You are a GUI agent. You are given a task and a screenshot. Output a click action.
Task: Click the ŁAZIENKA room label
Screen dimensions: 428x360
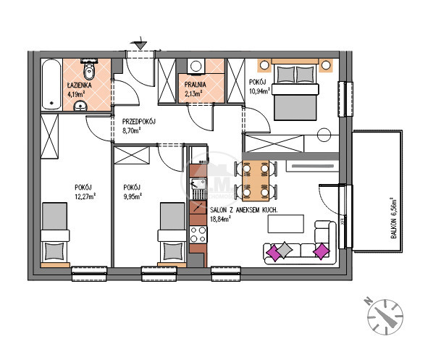pos(80,85)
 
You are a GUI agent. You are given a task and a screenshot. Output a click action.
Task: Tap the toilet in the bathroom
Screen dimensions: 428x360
pos(89,70)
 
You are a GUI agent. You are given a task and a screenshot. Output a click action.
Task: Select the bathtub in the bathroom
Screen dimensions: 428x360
pos(51,84)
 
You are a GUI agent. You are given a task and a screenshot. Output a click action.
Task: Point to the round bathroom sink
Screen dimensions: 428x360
pos(80,106)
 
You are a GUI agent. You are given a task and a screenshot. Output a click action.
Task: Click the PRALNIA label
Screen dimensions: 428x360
pos(195,84)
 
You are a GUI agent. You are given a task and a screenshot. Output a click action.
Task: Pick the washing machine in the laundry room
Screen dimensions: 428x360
pos(196,66)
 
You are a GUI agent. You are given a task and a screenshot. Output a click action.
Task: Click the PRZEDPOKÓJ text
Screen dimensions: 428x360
pos(138,122)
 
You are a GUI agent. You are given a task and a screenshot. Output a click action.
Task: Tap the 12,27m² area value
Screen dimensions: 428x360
pos(85,196)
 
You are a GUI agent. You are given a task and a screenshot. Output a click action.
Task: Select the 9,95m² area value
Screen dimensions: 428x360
pos(133,196)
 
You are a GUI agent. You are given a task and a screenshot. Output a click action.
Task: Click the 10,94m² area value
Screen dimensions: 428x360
pos(259,91)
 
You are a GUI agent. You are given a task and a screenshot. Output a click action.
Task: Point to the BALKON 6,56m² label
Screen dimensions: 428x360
pos(393,218)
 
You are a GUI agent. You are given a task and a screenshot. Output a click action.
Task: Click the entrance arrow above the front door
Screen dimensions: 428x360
pos(140,43)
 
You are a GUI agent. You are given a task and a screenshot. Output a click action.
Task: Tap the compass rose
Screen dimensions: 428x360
pos(385,317)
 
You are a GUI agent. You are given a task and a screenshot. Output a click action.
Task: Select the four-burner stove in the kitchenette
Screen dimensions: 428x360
pos(198,235)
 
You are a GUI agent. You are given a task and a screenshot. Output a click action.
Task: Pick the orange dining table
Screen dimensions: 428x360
pos(256,180)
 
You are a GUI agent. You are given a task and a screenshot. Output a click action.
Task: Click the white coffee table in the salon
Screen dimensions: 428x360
pos(286,224)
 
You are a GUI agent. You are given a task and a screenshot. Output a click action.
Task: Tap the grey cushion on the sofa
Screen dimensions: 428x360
pos(285,250)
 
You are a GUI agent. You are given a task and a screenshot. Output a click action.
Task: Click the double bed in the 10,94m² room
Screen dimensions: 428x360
pos(295,89)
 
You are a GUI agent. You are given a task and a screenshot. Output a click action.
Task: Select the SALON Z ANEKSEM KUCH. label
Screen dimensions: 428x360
pos(244,210)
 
